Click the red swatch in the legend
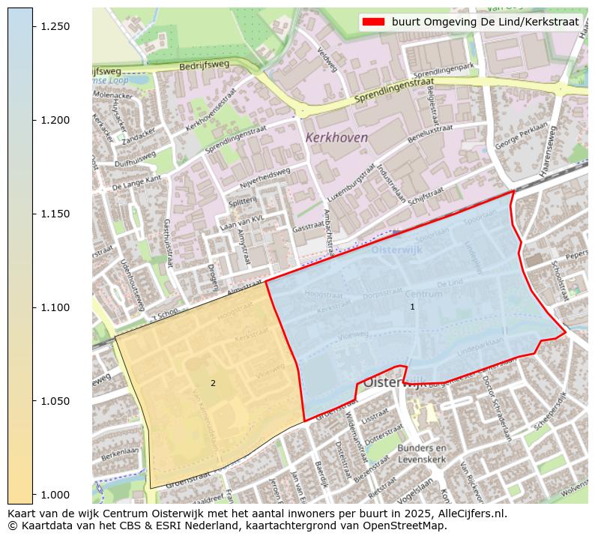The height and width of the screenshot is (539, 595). point(373,22)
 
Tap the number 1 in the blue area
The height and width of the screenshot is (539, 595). point(412,307)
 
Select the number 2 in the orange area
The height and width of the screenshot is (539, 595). point(213,383)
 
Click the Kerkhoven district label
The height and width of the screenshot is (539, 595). point(336,138)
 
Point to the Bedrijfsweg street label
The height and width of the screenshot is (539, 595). point(203,67)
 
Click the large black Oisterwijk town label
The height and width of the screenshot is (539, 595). point(394,382)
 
